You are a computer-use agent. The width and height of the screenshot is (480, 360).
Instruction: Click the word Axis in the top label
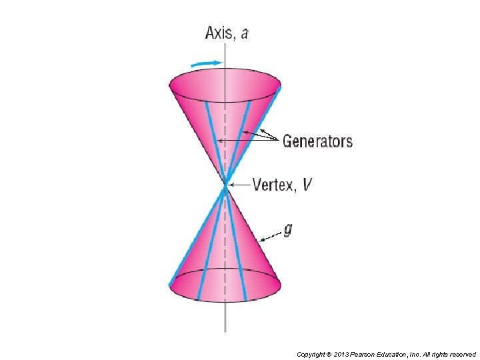coord(219,33)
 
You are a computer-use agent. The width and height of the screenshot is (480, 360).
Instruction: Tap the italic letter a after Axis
coord(244,33)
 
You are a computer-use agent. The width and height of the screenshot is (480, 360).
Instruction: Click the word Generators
coord(317,141)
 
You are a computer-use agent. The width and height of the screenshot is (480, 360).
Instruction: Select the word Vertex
coord(273,185)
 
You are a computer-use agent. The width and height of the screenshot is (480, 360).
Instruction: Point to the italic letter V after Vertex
coord(306,185)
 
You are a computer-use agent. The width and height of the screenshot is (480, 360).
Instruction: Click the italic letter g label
coord(287,230)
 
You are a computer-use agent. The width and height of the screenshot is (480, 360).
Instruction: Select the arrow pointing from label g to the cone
coord(270,235)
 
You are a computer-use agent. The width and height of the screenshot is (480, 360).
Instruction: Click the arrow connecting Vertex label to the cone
coord(239,185)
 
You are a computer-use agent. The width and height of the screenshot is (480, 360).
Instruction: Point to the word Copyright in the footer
coord(311,355)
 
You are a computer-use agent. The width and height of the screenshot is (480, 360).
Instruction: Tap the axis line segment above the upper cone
coord(225,53)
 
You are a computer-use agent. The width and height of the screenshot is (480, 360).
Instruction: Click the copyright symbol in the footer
coord(329,355)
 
